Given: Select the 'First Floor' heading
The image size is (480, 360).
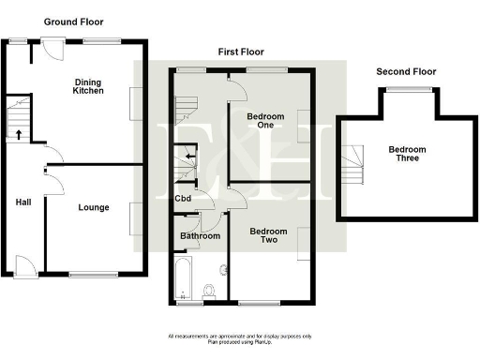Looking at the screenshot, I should point(241,52).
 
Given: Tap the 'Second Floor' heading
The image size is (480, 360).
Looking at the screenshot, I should point(406,71).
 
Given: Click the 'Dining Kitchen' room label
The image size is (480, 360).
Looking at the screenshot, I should point(95,88).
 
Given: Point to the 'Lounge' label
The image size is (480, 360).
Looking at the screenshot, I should point(93,207).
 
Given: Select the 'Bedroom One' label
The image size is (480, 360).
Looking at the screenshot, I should point(265,122).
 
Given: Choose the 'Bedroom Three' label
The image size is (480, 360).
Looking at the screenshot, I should point(408,156).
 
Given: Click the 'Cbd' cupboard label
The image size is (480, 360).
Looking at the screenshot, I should point(184,198).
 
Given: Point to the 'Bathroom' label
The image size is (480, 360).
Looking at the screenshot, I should point(200,236).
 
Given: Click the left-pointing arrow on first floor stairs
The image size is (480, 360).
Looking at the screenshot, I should point(190,155).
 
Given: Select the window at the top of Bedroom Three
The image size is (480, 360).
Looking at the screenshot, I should point(405,88).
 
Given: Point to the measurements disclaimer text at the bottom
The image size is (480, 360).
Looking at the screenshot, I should point(240,338).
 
